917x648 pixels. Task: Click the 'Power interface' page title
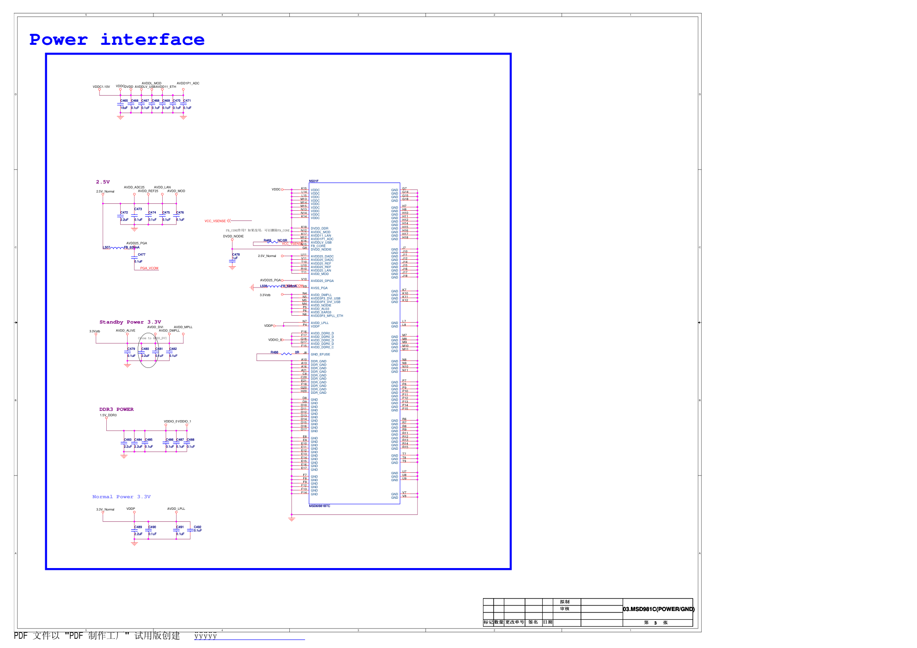coord(116,40)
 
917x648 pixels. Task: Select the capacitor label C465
coord(124,100)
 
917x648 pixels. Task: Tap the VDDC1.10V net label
coord(101,86)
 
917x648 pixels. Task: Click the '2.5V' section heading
coord(103,182)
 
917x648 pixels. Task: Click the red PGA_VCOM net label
coord(149,268)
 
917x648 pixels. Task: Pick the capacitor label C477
coord(141,254)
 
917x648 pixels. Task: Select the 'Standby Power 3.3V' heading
coord(130,322)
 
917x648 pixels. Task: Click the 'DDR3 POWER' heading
coord(116,409)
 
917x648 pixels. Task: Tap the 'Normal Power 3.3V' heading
coord(121,496)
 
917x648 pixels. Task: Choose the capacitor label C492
coord(197,527)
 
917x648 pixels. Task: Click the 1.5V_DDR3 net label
coord(108,415)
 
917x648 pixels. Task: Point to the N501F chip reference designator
coord(313,181)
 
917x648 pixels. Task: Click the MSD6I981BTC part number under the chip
coord(319,506)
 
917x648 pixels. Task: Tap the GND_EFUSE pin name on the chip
coord(320,354)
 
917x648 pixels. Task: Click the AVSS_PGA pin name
coord(319,288)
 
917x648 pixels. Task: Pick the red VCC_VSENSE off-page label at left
coord(215,221)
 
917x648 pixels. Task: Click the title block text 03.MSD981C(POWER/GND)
coord(658,609)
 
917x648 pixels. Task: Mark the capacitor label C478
coord(236,254)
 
